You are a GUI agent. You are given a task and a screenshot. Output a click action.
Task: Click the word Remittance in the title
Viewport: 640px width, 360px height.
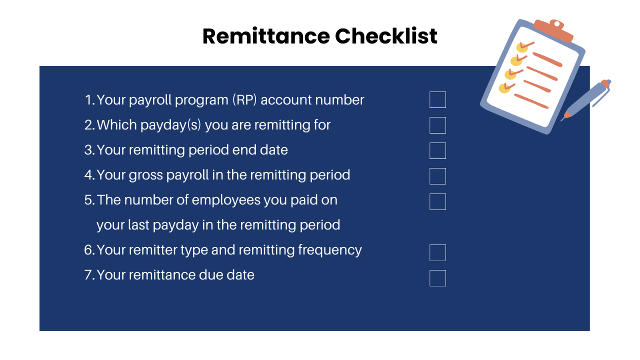click(x=265, y=36)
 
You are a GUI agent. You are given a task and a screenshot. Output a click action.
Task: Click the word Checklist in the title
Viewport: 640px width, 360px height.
click(x=386, y=36)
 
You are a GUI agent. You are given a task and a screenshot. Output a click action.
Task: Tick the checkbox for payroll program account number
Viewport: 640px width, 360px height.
click(x=437, y=100)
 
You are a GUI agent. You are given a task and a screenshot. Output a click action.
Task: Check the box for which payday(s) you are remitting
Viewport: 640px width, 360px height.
click(x=437, y=125)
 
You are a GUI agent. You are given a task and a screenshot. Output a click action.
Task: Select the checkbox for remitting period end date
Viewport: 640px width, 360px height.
click(x=437, y=150)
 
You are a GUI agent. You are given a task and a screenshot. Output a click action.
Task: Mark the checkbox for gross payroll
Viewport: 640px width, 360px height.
click(x=437, y=176)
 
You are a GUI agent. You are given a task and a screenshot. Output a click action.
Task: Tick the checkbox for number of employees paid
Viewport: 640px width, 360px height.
click(x=437, y=201)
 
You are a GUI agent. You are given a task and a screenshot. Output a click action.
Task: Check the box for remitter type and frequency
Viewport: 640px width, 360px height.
click(x=437, y=252)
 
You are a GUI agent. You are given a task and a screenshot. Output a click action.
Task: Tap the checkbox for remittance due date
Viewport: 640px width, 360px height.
click(x=437, y=278)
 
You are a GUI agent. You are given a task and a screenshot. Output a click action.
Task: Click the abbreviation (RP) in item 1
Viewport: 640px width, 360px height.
click(x=244, y=100)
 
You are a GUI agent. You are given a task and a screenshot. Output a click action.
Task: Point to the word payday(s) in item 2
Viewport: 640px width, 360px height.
click(x=166, y=125)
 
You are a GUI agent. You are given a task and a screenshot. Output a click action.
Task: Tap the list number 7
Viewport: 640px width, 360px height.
click(x=89, y=275)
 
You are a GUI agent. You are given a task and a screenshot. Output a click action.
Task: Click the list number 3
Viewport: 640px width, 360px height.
click(x=89, y=150)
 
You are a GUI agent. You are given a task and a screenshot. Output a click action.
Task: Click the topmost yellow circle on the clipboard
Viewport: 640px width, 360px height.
click(x=522, y=47)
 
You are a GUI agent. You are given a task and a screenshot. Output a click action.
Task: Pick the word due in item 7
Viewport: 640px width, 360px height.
click(x=214, y=275)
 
